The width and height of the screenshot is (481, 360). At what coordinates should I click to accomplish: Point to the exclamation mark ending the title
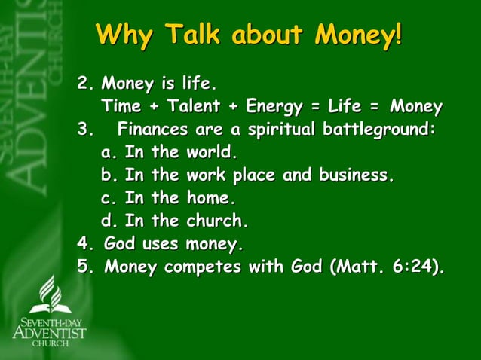[397, 35]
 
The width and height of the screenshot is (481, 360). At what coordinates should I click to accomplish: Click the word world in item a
[212, 152]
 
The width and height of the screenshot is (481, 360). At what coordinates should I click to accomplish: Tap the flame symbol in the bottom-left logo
[50, 294]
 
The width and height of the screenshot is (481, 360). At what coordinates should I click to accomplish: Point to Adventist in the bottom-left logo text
[50, 331]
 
